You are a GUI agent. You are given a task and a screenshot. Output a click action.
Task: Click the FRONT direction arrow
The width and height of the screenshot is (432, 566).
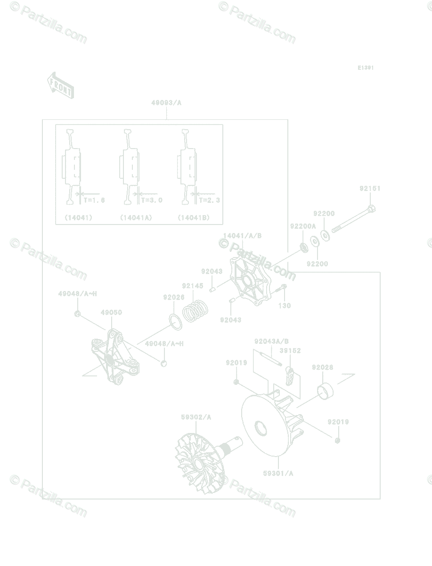[60, 85]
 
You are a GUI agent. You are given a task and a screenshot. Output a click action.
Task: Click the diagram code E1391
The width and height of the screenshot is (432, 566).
[365, 68]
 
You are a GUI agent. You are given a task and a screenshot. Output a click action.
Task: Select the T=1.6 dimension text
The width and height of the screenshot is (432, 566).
[94, 200]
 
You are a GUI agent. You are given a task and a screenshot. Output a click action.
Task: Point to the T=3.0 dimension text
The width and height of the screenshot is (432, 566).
[152, 200]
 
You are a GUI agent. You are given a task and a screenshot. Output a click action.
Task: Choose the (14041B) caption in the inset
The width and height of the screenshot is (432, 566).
[194, 218]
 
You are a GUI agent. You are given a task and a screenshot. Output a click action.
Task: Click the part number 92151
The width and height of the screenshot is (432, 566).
[370, 188]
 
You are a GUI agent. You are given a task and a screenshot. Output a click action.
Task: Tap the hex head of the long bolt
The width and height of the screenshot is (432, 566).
[370, 208]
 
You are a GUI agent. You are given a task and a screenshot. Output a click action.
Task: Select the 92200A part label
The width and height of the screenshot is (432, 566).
[303, 226]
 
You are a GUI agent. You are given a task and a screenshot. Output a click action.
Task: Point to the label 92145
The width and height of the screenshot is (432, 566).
[193, 286]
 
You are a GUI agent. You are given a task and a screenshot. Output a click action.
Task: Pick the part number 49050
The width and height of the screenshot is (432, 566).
[111, 312]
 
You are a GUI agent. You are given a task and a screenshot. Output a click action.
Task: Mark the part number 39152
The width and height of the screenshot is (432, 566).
[290, 351]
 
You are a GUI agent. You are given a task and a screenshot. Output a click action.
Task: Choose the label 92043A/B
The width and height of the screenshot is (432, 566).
[271, 341]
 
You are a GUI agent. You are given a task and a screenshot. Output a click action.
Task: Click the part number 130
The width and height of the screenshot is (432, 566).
[285, 306]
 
